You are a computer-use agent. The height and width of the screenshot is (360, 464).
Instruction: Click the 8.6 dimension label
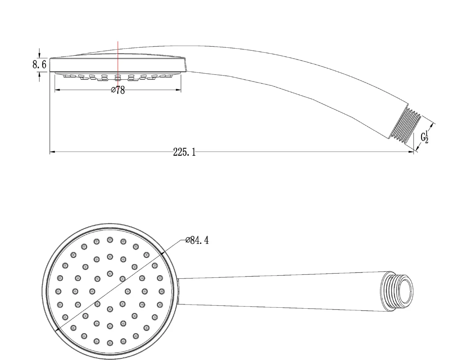coord(40,64)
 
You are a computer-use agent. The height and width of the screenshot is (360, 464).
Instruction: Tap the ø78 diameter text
coord(118,90)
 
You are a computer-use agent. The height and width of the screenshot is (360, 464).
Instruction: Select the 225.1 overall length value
coord(184,152)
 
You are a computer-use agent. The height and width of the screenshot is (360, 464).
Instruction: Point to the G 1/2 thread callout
coord(425,137)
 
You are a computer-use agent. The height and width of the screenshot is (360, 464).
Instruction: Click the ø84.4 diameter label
coord(197,240)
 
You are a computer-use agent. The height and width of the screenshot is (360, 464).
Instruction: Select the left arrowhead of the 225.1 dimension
coord(53,152)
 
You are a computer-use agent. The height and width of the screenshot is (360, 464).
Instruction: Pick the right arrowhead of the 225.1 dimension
coord(410,152)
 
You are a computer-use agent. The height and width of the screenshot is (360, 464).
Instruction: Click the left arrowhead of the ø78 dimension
coord(58,90)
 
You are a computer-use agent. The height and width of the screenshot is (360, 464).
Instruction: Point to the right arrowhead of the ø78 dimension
coord(178,90)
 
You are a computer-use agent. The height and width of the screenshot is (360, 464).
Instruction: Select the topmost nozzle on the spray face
coord(110,240)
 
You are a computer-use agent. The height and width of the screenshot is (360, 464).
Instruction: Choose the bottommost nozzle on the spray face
coord(110,343)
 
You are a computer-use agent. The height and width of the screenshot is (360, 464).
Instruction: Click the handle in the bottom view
coord(282,291)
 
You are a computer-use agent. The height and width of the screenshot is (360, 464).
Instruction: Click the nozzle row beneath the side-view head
coord(118,77)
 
